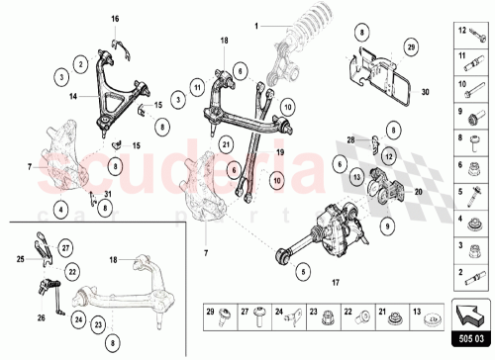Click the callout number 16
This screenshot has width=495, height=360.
[114, 20]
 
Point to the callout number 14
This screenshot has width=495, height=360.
[74, 97]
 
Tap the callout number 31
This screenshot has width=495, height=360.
[108, 193]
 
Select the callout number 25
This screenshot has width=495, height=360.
[20, 258]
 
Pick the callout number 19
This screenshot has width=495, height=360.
[280, 154]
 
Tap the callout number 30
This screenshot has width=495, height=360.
[426, 92]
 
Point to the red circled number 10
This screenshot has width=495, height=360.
[277, 181]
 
